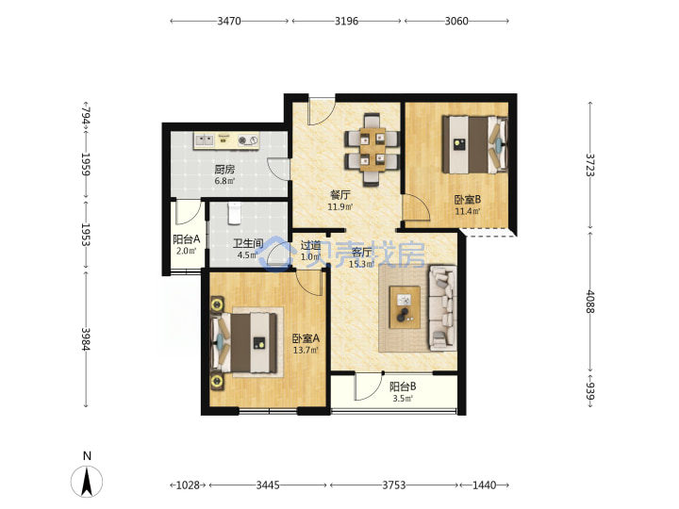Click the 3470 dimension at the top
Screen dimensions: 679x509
[x=229, y=21]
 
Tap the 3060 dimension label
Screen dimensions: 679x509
[x=456, y=21]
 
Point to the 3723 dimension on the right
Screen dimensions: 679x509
[x=590, y=165]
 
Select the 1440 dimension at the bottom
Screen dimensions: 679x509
[x=484, y=485]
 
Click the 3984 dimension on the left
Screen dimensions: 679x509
[x=86, y=339]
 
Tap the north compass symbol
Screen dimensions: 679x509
[x=87, y=482]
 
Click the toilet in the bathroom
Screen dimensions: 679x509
[x=234, y=213]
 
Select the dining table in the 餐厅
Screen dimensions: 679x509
[x=372, y=149]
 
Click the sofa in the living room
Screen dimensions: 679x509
[x=442, y=307]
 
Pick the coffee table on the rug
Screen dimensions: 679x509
[x=405, y=307]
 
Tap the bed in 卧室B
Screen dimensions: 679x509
[x=474, y=144]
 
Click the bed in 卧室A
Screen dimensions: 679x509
[x=243, y=342]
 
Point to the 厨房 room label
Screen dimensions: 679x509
[x=224, y=170]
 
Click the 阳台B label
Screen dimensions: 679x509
[x=403, y=386]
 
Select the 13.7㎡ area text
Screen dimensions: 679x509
[x=306, y=350]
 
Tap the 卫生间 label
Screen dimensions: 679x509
[x=248, y=244]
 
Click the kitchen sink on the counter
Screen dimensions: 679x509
[x=205, y=140]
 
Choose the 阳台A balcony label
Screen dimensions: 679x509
[x=186, y=239]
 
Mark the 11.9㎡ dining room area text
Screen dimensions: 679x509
[x=339, y=206]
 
